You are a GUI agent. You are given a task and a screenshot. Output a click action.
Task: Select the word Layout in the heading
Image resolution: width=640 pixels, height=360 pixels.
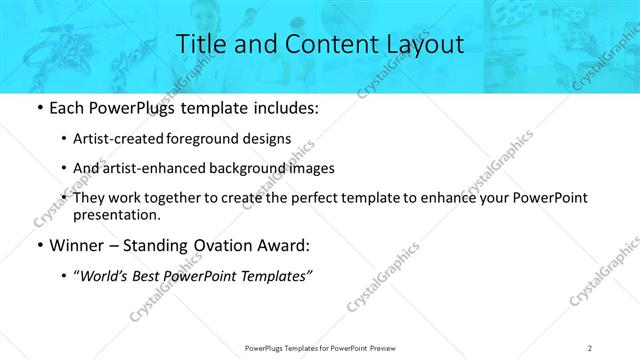pyautogui.click(x=420, y=44)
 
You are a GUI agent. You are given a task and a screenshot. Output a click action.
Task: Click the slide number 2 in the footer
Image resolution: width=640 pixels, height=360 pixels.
pyautogui.click(x=590, y=347)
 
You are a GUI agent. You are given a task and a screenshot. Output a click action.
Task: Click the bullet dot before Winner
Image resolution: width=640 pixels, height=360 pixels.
pyautogui.click(x=38, y=245)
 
